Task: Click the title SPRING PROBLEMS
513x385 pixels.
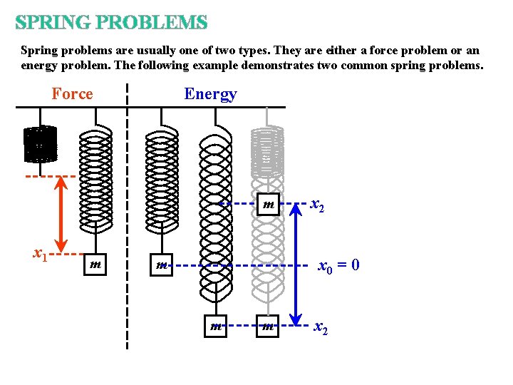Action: coord(111,23)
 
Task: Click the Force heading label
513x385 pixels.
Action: coord(72,94)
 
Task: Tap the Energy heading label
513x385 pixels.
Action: coord(210,94)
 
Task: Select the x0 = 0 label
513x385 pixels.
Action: coord(338,266)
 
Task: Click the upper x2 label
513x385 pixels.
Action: coord(318,205)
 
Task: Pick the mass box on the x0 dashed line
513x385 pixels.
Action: coord(162,265)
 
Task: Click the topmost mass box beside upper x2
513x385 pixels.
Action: coord(269,205)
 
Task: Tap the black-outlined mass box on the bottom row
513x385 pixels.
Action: coord(214,327)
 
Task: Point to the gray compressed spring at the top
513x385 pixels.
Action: coord(267,151)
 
